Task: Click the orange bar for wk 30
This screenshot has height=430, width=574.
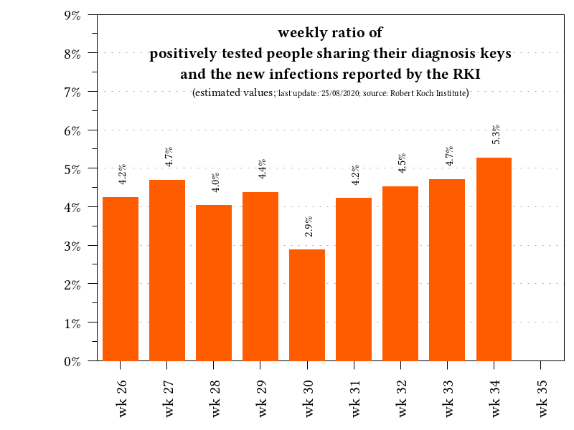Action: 307,305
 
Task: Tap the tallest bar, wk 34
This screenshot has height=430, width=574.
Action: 494,259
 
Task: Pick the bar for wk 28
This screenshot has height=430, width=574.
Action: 214,282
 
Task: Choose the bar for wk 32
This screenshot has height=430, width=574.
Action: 400,273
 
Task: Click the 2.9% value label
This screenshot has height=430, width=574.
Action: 309,226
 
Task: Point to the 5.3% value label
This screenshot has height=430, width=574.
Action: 496,134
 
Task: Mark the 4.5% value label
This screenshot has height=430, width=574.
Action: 403,163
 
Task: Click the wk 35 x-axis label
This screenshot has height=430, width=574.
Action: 543,396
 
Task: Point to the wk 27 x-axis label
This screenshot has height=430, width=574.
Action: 170,396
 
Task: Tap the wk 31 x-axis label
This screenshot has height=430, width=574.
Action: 357,396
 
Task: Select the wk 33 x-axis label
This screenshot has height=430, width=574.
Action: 450,396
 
